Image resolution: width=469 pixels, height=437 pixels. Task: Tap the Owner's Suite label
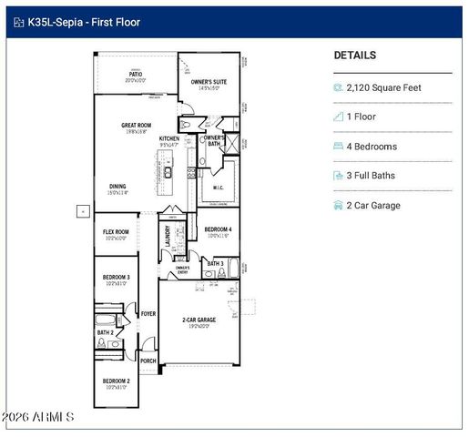[209, 83]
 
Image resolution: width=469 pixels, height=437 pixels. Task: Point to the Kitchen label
[169, 139]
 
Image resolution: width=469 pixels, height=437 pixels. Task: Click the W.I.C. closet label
[219, 188]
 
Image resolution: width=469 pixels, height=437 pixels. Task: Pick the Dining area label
[118, 186]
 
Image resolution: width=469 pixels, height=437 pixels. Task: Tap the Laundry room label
[168, 235]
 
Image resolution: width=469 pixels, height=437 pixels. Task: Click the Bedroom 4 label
[218, 229]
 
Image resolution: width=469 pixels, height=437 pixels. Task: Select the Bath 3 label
[215, 263]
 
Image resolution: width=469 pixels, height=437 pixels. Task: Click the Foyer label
[148, 313]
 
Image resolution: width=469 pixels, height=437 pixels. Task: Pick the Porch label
[148, 361]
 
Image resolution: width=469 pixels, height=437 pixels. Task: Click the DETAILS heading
[355, 56]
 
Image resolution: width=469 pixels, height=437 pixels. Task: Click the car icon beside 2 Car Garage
[339, 206]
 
